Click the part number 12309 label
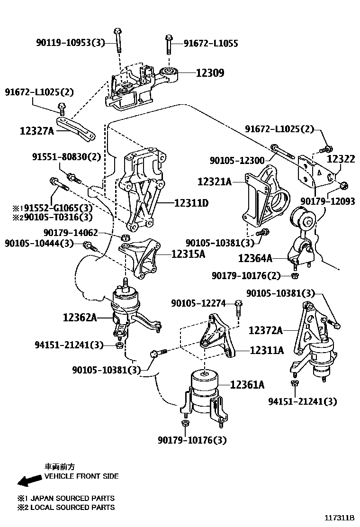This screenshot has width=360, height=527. [210, 73]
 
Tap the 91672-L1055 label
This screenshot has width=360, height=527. [211, 44]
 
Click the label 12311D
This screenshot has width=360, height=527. [191, 203]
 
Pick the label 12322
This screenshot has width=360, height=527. [341, 159]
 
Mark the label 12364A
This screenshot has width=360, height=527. [255, 258]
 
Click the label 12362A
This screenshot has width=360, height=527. [80, 317]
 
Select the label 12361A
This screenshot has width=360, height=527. [247, 385]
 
